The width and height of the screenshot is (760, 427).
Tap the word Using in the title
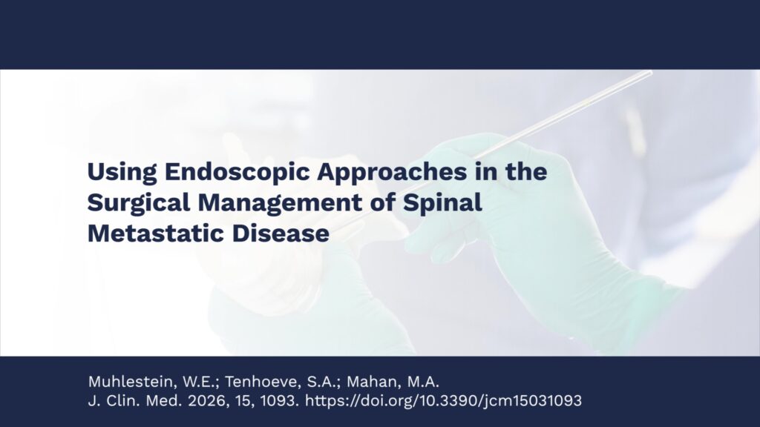coord(122,172)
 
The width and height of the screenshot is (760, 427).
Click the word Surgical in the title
coord(139,203)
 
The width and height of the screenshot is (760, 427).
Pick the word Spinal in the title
coord(442,203)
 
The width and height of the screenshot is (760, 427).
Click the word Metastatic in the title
coord(156,234)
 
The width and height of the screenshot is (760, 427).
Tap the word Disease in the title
coord(281,234)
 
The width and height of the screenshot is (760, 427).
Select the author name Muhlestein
coord(132,382)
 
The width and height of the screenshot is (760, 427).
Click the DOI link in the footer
coord(444,401)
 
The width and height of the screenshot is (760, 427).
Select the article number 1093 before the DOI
coord(280,401)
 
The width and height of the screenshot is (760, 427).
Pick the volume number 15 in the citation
coord(245,401)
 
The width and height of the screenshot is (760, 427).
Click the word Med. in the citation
coord(164,401)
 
